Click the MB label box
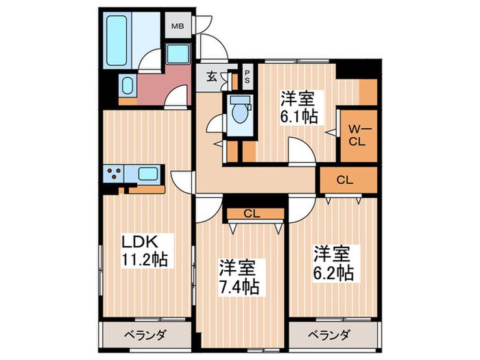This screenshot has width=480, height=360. pos(177,27)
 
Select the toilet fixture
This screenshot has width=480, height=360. pos(240,110)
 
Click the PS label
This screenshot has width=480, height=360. pos(248,76)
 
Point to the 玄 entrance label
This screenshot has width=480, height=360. pos(212,77)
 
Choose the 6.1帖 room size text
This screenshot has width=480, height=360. pos(298,116)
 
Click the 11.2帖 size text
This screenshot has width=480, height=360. pos(145,260)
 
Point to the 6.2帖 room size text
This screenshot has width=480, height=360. pos(335,273)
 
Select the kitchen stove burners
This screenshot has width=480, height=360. pos(114,173)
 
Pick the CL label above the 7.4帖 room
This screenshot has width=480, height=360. pos(252,213)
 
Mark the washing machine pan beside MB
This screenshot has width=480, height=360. pos(179,53)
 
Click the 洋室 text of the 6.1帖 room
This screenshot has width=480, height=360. pos(298,97)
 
